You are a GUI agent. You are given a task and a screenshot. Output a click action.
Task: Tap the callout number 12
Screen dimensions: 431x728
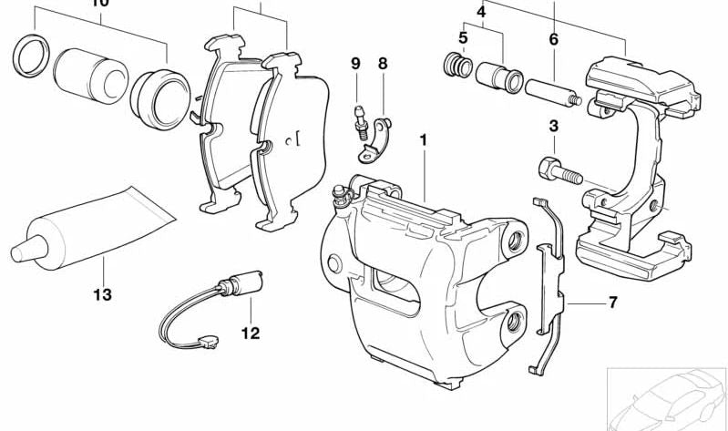click(251, 333)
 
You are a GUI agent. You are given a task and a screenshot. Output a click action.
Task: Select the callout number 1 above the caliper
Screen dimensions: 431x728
click(423, 140)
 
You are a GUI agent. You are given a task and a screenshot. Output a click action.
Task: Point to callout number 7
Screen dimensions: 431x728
click(612, 302)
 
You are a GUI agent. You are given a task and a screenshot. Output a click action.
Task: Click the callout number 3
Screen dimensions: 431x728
click(553, 126)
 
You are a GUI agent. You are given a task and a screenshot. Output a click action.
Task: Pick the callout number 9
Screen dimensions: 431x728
click(355, 63)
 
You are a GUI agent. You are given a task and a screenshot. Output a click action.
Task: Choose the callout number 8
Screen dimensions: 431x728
click(383, 63)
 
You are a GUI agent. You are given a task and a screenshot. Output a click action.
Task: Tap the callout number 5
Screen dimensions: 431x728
click(463, 38)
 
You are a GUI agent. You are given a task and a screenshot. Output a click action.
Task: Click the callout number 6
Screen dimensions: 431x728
click(553, 39)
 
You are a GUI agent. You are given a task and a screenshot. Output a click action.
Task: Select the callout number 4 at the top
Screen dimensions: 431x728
click(481, 12)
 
